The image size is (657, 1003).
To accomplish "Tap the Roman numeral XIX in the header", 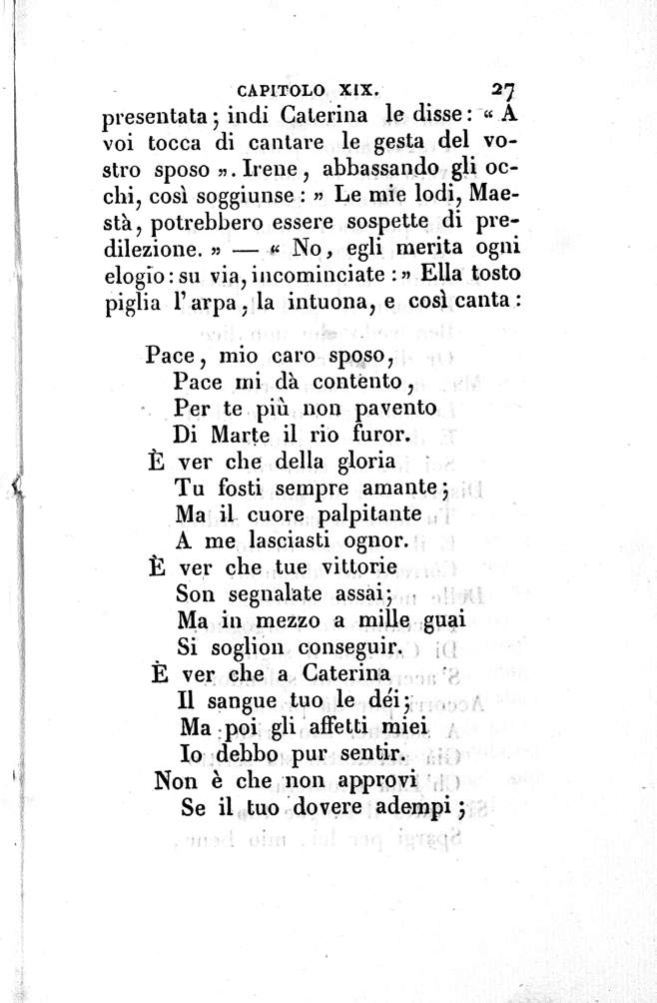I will click(x=353, y=86).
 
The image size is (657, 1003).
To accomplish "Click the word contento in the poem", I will click(x=343, y=381).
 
